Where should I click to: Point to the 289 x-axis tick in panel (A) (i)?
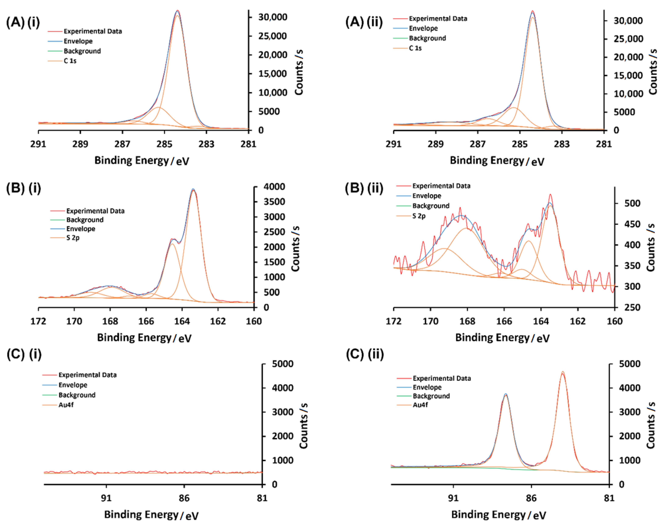(x=80, y=144)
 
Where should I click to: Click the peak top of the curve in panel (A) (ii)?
(x=533, y=12)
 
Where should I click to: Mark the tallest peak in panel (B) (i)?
(x=193, y=189)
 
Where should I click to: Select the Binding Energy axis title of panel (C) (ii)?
(x=499, y=515)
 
